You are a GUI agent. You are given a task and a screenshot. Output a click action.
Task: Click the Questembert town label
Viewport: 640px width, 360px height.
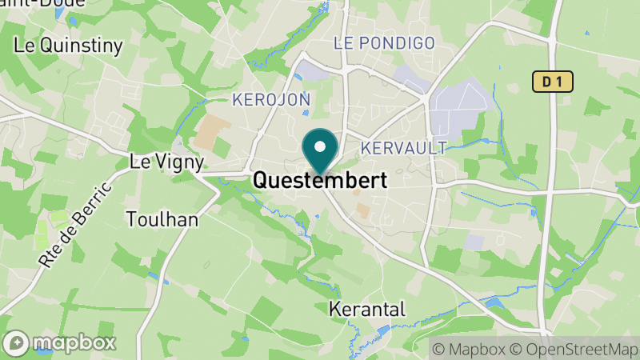point(320,181)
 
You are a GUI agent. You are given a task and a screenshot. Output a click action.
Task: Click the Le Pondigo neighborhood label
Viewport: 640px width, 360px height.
point(384,42)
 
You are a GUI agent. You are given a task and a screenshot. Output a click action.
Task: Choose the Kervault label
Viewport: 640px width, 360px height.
point(403,148)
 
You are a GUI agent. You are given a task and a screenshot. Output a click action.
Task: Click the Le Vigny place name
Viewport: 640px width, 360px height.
point(166,162)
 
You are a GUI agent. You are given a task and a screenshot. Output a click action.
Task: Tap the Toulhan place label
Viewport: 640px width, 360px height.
point(162,218)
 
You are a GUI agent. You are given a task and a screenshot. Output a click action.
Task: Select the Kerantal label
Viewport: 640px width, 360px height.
point(368,309)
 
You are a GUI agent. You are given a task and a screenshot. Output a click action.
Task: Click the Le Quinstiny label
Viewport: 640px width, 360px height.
point(68,46)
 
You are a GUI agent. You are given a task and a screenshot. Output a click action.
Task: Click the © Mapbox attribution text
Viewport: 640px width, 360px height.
point(468,349)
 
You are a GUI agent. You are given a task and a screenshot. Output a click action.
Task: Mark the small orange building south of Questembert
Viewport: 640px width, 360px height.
point(363,211)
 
